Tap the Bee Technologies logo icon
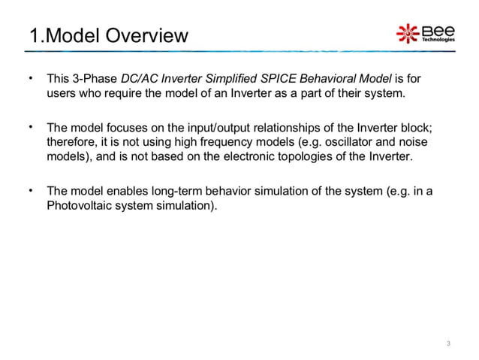[408, 34]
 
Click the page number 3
[448, 343]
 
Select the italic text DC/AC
[139, 79]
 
